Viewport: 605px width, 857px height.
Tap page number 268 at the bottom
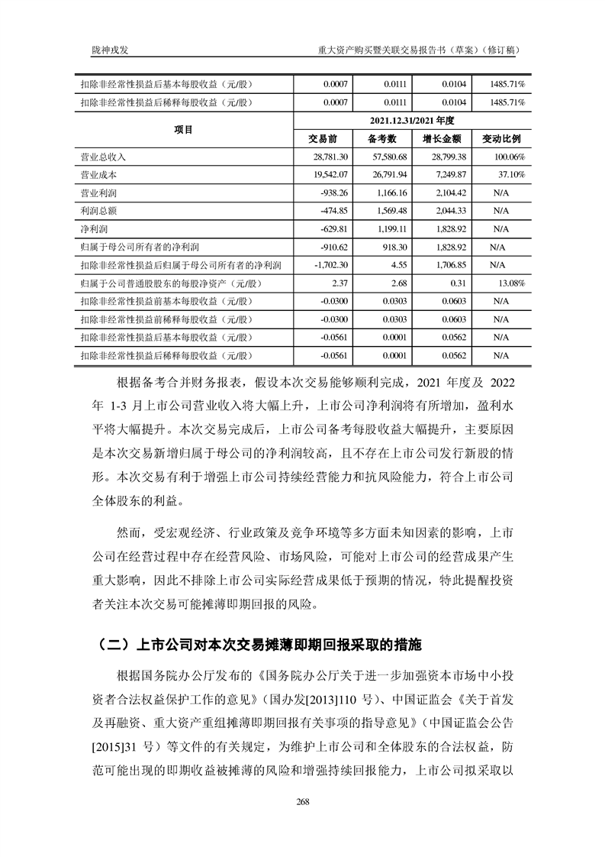302,801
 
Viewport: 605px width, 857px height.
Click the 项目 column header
183,130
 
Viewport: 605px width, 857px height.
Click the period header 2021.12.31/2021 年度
412,121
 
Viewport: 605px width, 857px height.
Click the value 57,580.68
388,157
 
